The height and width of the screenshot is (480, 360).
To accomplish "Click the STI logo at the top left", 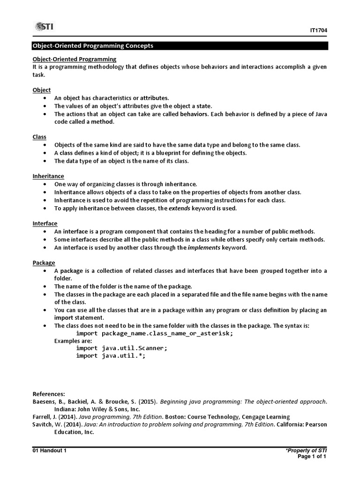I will coord(43,27).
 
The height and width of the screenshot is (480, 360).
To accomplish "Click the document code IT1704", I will coord(318,30).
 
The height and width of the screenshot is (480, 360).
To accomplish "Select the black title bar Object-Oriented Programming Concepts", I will coord(180,46).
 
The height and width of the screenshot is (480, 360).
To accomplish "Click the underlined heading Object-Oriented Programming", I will coord(74,59).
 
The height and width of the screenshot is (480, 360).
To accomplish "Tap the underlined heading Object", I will coord(41,90).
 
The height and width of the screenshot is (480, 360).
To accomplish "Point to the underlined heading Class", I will coord(39,137).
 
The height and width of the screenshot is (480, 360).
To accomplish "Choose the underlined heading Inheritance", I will coord(48,176).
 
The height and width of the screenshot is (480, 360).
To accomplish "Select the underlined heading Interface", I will coord(45,224).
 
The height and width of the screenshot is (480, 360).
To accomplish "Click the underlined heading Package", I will coord(44,263).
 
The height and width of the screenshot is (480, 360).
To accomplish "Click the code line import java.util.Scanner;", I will coord(121,348).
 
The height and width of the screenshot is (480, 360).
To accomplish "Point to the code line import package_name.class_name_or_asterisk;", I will coord(154,333).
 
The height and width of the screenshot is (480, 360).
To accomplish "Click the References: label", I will coord(49,394).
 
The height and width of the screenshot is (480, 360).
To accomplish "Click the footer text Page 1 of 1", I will coord(312,457).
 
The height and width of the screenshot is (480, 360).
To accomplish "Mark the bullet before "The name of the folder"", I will coord(44,286).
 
